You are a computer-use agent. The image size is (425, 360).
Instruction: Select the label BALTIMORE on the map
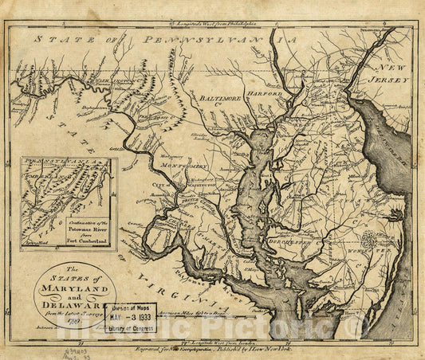(x=220, y=99)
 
